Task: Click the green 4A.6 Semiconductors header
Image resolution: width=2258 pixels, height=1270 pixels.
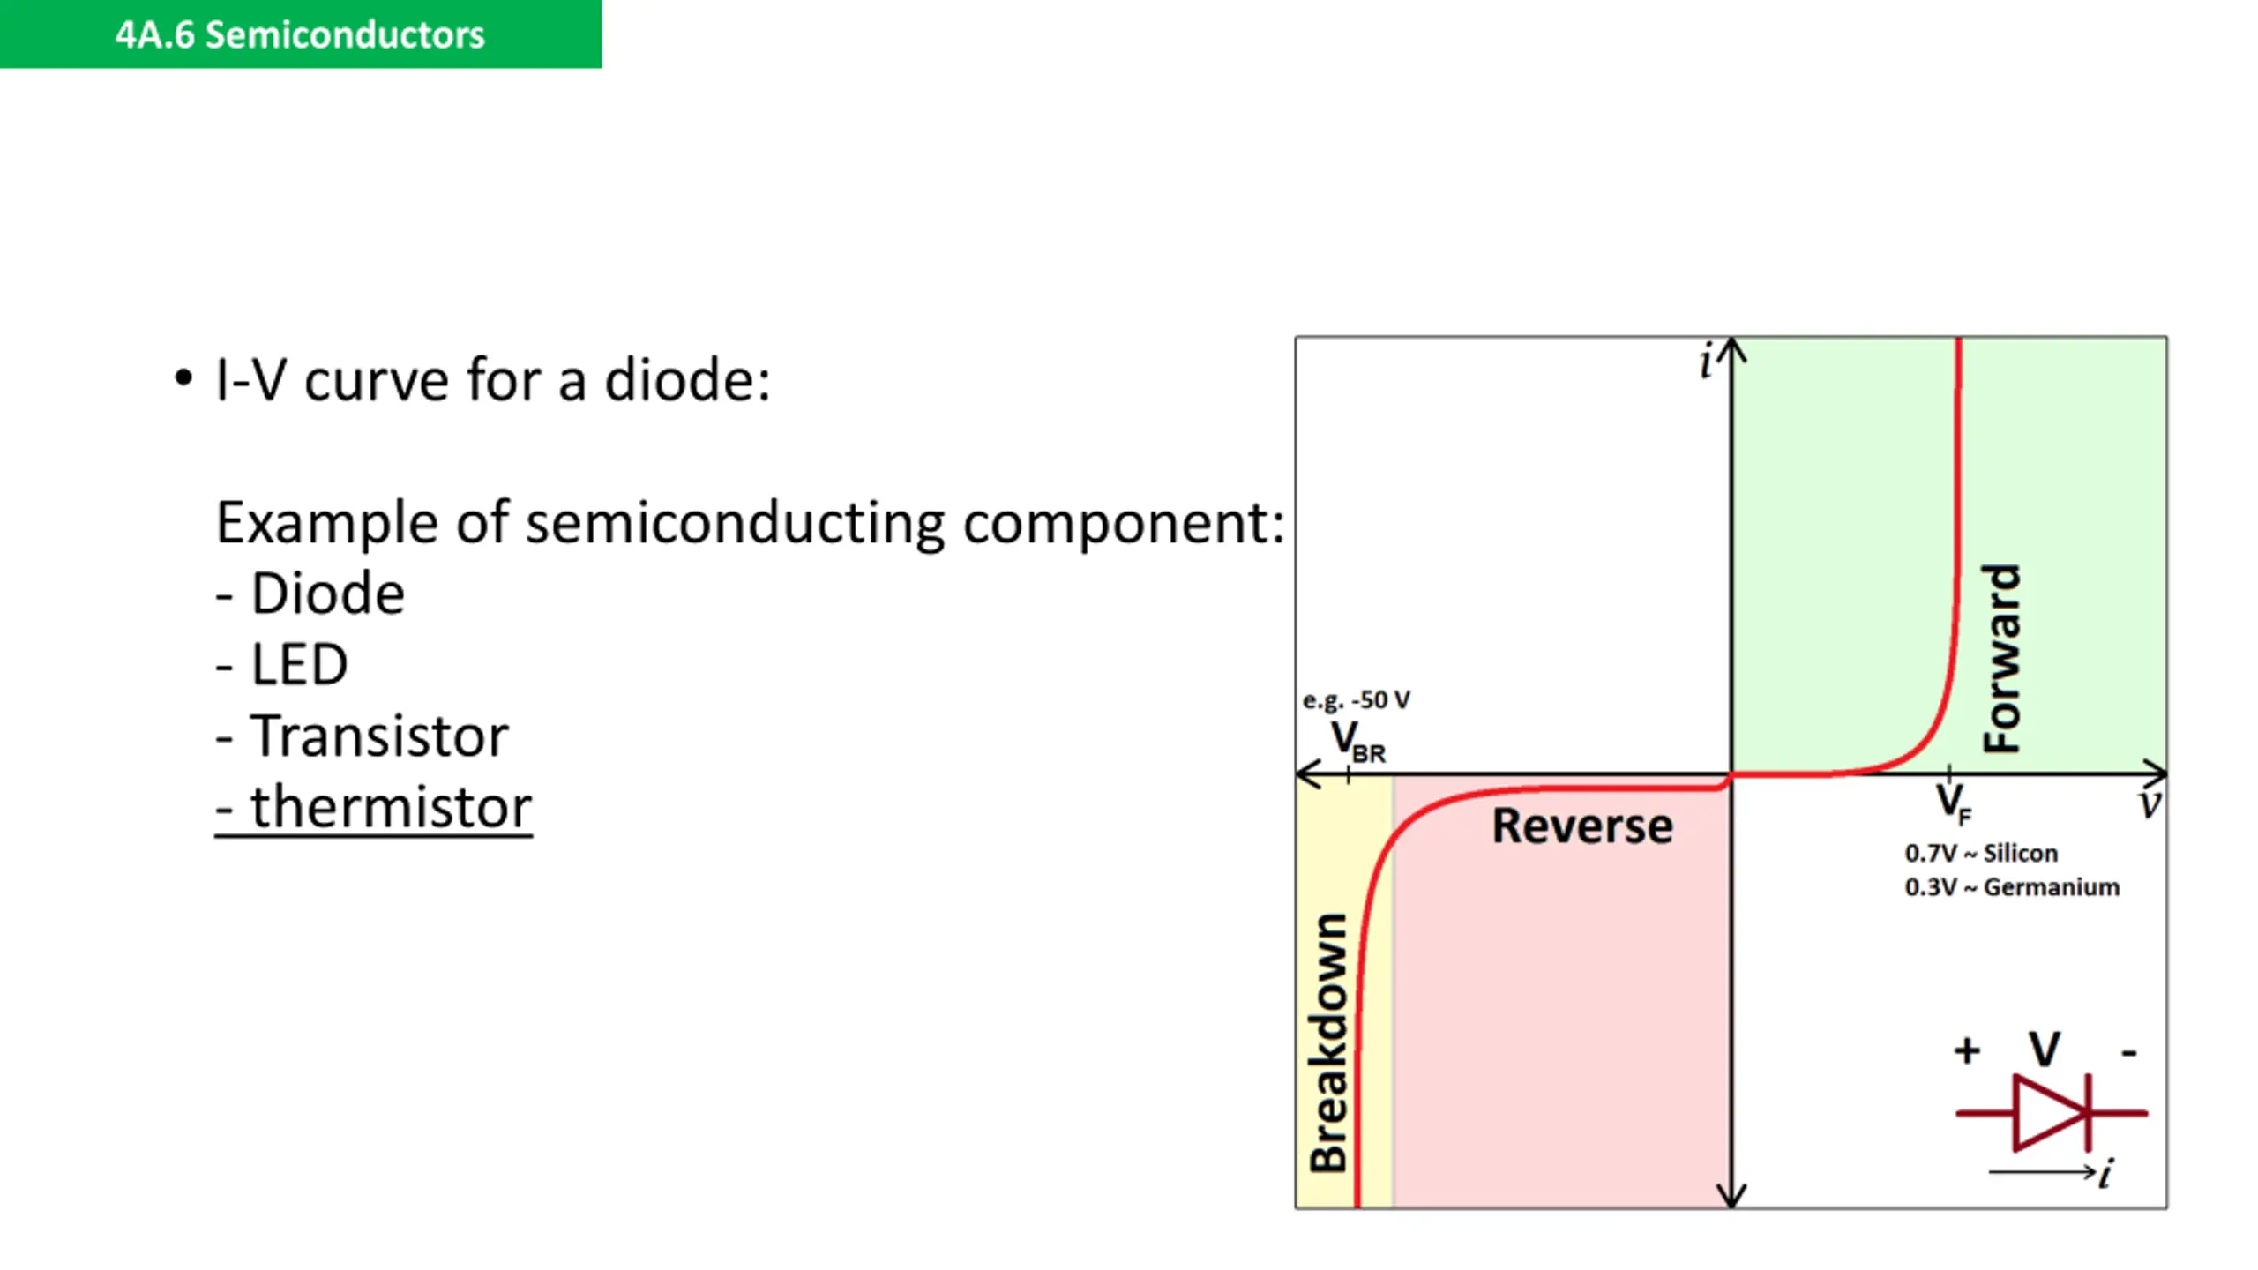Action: tap(300, 34)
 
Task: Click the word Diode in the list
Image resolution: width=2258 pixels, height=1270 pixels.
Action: tap(327, 594)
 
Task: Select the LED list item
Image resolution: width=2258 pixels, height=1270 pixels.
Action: tap(299, 664)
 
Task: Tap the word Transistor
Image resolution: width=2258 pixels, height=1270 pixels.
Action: tap(379, 736)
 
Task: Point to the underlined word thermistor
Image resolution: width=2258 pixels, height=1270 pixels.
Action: tap(391, 807)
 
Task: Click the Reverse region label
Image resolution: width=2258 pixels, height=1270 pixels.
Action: tap(1581, 826)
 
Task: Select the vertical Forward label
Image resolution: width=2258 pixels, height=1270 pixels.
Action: tap(2000, 658)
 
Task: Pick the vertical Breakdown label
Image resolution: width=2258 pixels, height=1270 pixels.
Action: tap(1328, 1042)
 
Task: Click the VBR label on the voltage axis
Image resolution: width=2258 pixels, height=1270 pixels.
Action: tap(1357, 742)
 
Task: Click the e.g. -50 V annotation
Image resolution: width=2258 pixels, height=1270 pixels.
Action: tap(1356, 700)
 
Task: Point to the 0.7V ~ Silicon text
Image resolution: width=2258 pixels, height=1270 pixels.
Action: tap(1980, 854)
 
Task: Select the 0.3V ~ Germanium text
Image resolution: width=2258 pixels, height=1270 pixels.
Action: tap(2011, 887)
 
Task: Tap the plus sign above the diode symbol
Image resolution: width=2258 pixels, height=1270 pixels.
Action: tap(1967, 1050)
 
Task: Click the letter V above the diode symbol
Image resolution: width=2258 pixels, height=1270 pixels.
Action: tap(2045, 1050)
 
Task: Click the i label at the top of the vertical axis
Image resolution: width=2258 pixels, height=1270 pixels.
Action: tap(1707, 362)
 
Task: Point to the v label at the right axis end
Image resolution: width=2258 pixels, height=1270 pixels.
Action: tap(2150, 804)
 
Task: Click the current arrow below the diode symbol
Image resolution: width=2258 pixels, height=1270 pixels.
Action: tap(2041, 1173)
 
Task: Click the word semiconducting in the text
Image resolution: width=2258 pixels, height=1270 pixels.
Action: tap(735, 523)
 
